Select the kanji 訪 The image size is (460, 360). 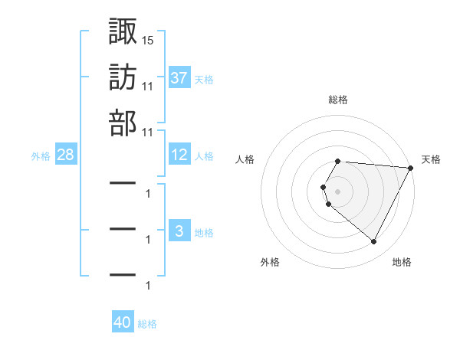coord(123,77)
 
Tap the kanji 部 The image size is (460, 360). coord(123,123)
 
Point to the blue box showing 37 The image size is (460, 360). coord(179,77)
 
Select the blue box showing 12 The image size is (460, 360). coord(179,155)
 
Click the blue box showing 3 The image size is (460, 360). coord(179,231)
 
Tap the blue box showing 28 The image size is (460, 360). coord(66,155)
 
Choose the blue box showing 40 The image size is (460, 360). coord(123,322)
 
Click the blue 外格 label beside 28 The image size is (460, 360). coord(40,156)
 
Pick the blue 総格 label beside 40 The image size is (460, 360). coord(147,324)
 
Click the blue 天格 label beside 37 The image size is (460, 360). coord(204,79)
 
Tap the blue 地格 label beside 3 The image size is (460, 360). coord(204,233)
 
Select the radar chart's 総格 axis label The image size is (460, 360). coord(338,100)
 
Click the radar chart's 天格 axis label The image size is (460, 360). coord(432,159)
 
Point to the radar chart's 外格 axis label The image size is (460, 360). coord(270,262)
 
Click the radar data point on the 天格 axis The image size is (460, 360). coord(411,168)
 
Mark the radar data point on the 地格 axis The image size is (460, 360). coord(374,242)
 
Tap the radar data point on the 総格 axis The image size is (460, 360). coord(338,161)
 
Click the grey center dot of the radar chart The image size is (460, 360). coord(338,191)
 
